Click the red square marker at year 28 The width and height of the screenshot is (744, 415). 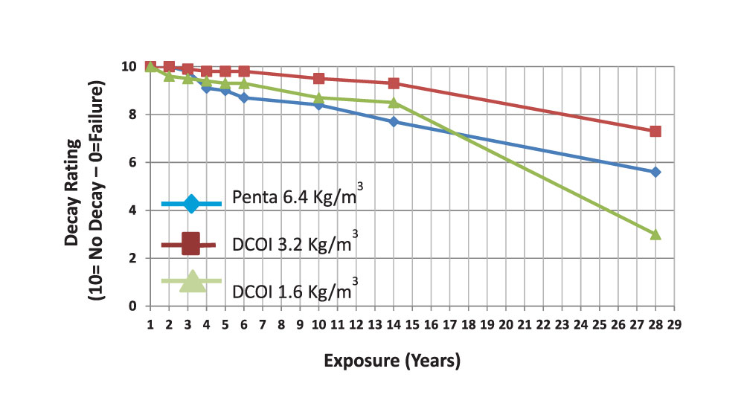tap(655, 131)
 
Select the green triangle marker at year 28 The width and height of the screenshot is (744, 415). tap(655, 234)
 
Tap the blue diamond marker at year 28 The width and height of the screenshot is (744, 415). tap(655, 172)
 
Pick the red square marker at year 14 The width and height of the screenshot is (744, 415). tap(394, 83)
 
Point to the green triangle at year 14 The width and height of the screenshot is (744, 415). tap(394, 102)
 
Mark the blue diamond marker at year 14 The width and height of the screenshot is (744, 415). tap(394, 121)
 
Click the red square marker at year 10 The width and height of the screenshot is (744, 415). tap(318, 78)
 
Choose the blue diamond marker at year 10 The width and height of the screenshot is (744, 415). tap(318, 105)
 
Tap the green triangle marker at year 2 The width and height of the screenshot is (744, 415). tap(169, 76)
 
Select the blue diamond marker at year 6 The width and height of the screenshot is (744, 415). tap(244, 97)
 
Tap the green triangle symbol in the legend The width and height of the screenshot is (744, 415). tap(192, 281)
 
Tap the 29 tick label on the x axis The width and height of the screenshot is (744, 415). tap(674, 324)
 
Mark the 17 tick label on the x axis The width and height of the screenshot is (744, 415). tap(449, 324)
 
